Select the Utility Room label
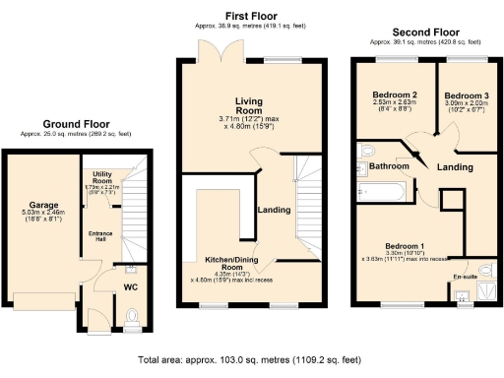101,178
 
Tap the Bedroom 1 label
405,244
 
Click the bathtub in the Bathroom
388,192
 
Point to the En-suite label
464,277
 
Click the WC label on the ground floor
131,287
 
